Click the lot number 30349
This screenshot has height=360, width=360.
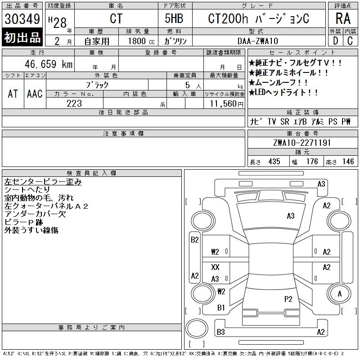22,19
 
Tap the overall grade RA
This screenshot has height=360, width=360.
343,18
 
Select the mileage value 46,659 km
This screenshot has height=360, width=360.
49,64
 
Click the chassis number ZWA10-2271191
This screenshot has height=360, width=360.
302,143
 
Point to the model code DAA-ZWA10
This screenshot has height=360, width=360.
257,41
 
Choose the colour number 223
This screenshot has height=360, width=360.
74,103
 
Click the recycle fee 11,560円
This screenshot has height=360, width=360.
226,104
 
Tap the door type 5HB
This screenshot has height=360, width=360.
174,18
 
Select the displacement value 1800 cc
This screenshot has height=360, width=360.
141,41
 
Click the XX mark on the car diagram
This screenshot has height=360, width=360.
215,267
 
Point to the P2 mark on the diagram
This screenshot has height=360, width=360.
288,299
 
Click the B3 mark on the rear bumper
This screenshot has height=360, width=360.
220,332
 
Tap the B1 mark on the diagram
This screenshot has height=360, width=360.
221,308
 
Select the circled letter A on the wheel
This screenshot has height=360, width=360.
340,294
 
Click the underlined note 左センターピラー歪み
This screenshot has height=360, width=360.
43,182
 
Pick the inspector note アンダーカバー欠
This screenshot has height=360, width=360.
35,214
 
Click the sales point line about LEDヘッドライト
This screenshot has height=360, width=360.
283,93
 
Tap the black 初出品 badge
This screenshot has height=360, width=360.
22,37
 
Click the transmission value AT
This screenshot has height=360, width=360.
13,94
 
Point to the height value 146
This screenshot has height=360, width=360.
348,162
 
